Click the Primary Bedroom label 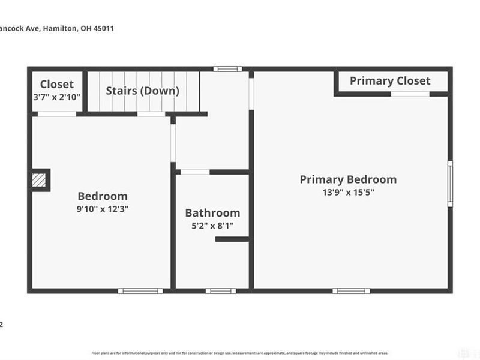[348, 179]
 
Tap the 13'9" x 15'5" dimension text [348, 193]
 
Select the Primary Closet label [390, 80]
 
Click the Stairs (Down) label [143, 91]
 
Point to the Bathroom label [212, 213]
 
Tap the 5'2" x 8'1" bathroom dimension [212, 226]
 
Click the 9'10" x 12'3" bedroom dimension [103, 209]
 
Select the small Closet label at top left [57, 85]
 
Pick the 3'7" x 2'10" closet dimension [57, 97]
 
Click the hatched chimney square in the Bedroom [40, 179]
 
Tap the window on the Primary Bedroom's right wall [449, 184]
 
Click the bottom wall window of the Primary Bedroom [351, 291]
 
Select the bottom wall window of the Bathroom [221, 291]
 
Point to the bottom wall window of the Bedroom [140, 291]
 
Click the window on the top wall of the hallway [227, 69]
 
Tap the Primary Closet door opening [411, 94]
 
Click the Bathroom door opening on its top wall [195, 172]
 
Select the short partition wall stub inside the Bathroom [232, 239]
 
